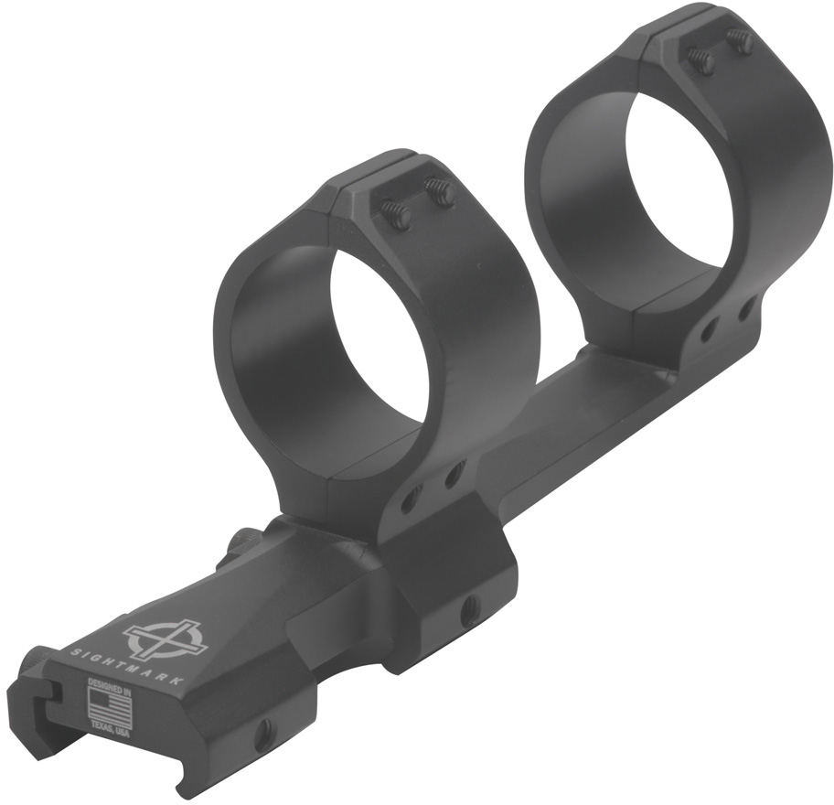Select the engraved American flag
[107, 705]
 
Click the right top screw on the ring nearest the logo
[441, 193]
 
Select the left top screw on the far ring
[700, 60]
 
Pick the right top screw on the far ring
[741, 40]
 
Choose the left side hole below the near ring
[411, 499]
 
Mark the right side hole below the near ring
[453, 476]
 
